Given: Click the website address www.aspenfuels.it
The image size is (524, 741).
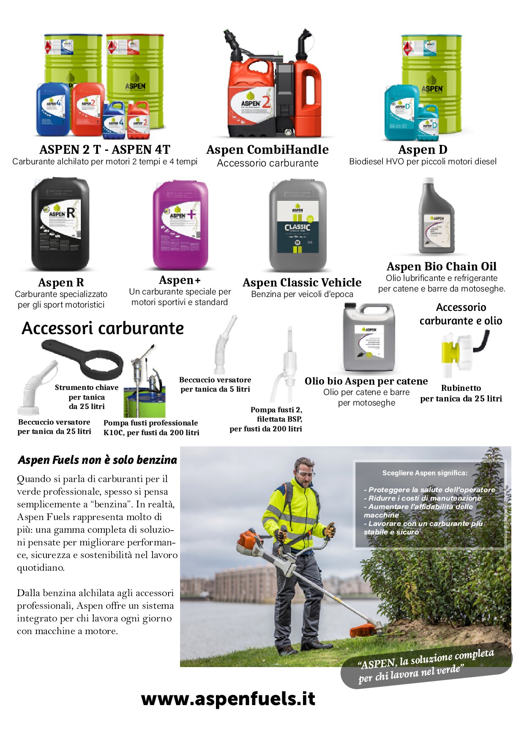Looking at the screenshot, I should (228, 699).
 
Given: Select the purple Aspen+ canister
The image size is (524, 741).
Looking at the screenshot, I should (180, 225).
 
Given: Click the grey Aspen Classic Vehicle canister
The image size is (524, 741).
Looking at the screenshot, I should (298, 225).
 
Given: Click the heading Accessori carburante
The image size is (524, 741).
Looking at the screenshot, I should (103, 328).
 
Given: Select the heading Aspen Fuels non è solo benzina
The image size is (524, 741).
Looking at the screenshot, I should (97, 460).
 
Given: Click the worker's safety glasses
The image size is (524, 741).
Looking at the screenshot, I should (305, 474).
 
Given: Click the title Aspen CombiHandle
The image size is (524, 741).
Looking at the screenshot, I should (267, 150).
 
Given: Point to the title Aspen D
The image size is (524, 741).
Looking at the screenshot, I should (423, 150).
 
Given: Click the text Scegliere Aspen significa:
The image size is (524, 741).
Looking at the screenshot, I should (425, 473).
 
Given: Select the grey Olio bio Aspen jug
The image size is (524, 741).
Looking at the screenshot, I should (369, 338).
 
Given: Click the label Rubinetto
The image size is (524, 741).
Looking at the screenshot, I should (461, 388).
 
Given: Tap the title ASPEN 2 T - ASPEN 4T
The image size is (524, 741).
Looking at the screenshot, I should (105, 150).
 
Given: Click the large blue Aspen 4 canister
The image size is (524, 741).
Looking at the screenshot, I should (53, 109).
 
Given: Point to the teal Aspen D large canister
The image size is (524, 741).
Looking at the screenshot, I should (401, 112).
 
